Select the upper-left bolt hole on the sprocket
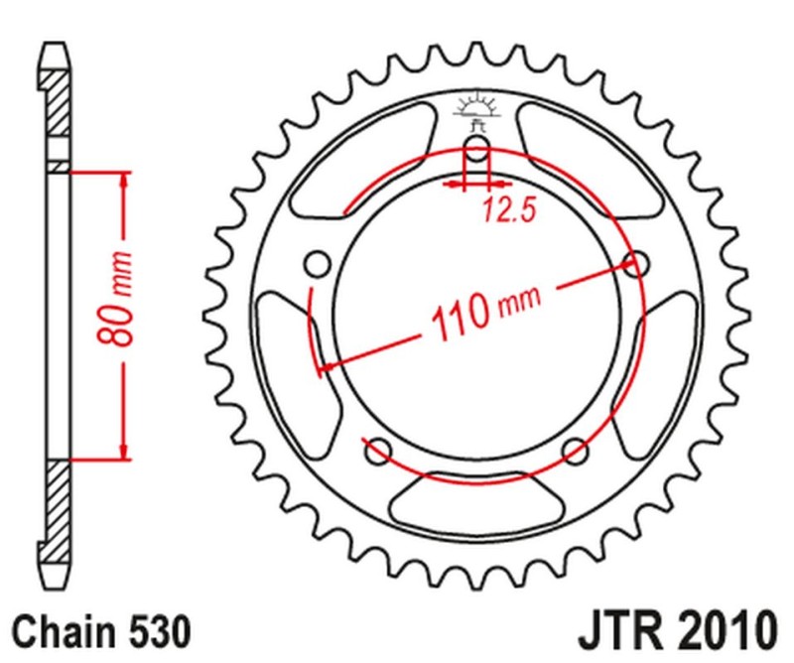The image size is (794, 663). tap(318, 264)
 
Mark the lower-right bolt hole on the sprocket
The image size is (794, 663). tap(575, 452)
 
